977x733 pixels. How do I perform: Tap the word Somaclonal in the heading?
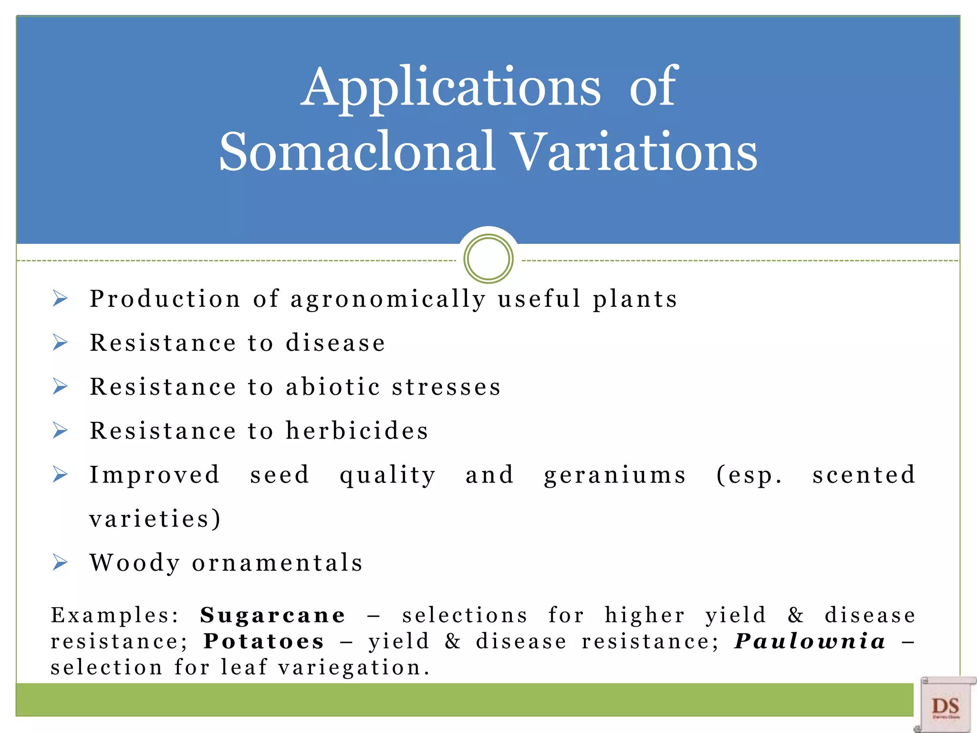point(357,152)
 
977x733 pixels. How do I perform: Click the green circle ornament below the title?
point(488,259)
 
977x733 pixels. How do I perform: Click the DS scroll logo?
point(945,705)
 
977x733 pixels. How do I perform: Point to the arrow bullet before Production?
point(60,299)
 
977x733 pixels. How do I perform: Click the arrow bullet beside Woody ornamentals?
point(60,563)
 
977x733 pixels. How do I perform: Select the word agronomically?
point(388,300)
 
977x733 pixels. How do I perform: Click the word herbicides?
point(357,431)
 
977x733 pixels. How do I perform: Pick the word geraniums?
point(614,475)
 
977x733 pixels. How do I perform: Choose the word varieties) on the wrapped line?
point(155,519)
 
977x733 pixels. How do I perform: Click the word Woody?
point(135,563)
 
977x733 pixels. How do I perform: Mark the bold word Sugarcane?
point(272,615)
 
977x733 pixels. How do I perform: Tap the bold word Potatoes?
point(264,641)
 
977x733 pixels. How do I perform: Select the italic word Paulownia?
point(810,641)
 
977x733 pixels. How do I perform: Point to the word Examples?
point(115,615)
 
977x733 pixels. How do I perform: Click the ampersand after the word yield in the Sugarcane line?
point(795,615)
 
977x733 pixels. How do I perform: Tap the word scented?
point(863,475)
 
